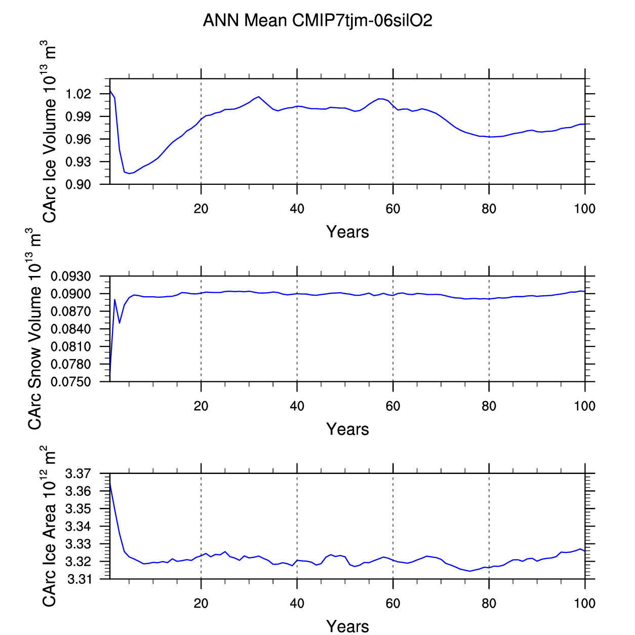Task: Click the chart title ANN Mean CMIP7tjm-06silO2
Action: pos(317,21)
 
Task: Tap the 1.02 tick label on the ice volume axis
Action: pos(78,94)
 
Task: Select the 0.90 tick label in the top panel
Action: pos(78,185)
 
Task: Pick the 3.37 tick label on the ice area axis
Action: pos(78,474)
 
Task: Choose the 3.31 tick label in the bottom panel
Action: pos(78,579)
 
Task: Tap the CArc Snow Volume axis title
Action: pos(34,329)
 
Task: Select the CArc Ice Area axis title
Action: pos(49,527)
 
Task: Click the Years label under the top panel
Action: pos(347,232)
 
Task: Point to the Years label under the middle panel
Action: pos(347,429)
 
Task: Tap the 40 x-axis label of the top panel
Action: pos(297,209)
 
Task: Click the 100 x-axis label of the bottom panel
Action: pos(584,604)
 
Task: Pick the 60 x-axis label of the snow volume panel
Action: pos(393,406)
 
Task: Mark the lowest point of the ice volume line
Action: pos(129,174)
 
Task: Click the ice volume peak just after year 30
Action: pos(259,97)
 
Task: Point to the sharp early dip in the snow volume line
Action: pos(120,323)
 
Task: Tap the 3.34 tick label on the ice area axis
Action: pos(78,527)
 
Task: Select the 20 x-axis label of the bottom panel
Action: pos(201,604)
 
